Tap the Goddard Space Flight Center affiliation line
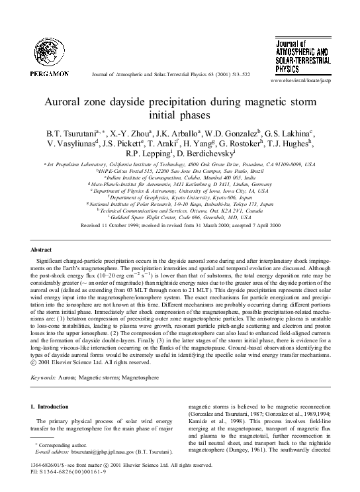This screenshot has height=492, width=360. point(180,217)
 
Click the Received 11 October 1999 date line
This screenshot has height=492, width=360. point(180,225)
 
